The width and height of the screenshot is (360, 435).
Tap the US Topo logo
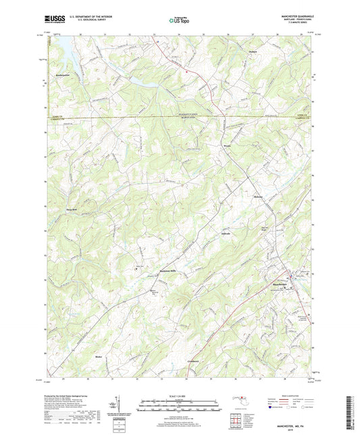tap(179, 20)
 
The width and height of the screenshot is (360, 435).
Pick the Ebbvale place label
tap(206, 234)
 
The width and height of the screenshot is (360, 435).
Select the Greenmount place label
tap(194, 362)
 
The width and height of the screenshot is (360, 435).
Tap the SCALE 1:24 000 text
tap(180, 396)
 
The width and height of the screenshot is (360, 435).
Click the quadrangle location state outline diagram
tap(241, 402)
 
